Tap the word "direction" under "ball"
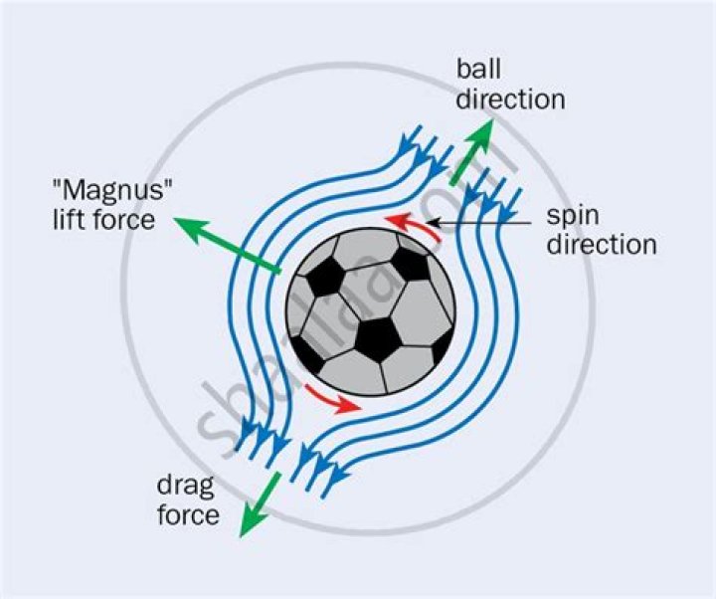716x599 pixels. click(x=510, y=100)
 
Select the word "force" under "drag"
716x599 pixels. click(x=187, y=514)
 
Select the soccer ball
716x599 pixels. click(x=371, y=312)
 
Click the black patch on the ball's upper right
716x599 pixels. click(x=410, y=262)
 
